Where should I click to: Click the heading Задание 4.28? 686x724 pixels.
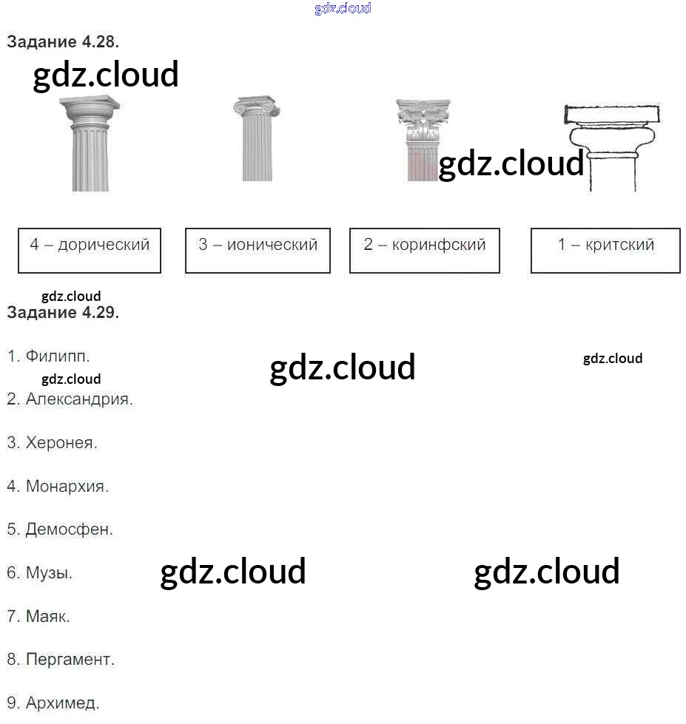tap(63, 42)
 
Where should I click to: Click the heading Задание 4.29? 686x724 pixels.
tap(63, 312)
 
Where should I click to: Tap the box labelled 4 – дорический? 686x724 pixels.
tap(90, 251)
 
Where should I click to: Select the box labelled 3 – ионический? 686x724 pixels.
tap(258, 251)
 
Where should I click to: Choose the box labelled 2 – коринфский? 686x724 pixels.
tap(425, 251)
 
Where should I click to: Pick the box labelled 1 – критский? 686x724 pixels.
tap(605, 251)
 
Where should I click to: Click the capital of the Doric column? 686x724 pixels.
tap(90, 111)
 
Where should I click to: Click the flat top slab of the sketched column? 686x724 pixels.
tap(611, 115)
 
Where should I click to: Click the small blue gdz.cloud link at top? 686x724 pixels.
tap(343, 8)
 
